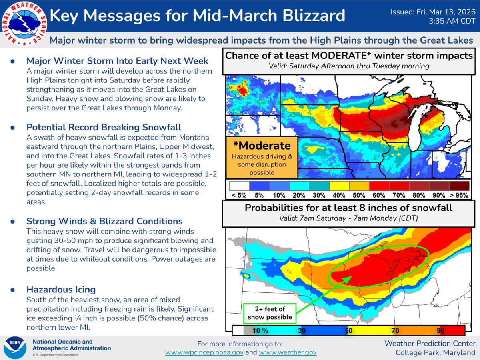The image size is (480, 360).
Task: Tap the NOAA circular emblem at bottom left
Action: coord(14,347)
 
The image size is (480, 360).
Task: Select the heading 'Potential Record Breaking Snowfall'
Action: coord(104,127)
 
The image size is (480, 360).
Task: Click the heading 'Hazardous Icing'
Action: coord(61,289)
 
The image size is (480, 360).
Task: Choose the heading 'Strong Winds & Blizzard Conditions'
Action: coord(104,221)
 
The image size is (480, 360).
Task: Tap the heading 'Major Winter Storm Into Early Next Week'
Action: coord(117,61)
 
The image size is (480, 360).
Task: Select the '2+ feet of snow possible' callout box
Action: coord(270,313)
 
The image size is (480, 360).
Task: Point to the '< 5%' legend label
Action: coord(239,196)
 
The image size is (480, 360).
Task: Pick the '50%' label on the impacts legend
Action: coord(359,196)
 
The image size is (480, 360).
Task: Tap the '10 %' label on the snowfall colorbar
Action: coord(260,331)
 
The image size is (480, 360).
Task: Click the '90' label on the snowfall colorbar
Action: coord(441,331)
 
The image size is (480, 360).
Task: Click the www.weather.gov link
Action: coord(288,352)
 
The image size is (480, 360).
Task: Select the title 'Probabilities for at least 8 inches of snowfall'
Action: coord(348,208)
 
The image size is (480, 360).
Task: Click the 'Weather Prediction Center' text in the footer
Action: coord(430,344)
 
